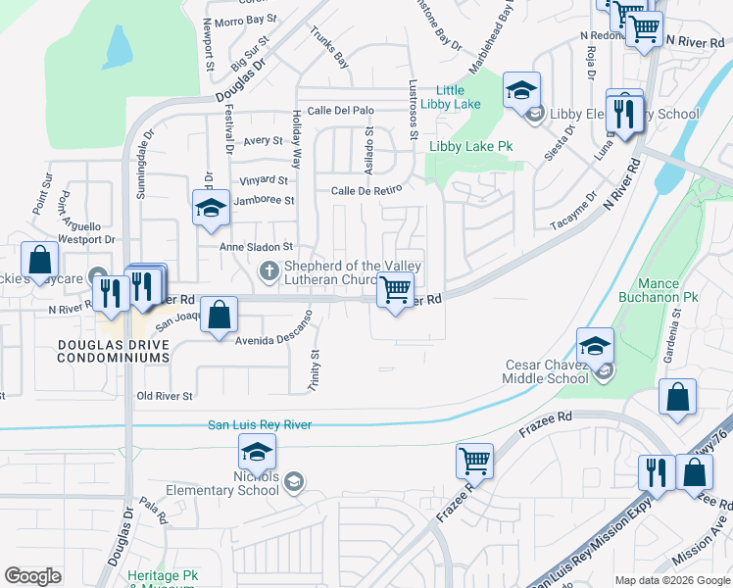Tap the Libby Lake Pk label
tap(471, 147)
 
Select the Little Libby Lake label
tap(458, 98)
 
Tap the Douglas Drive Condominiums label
tap(114, 351)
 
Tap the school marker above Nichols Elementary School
tap(257, 453)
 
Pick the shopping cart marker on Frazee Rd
tap(474, 460)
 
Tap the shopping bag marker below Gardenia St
tap(677, 398)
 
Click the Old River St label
tap(165, 396)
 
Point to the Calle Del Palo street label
tap(341, 110)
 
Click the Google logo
tap(32, 576)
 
